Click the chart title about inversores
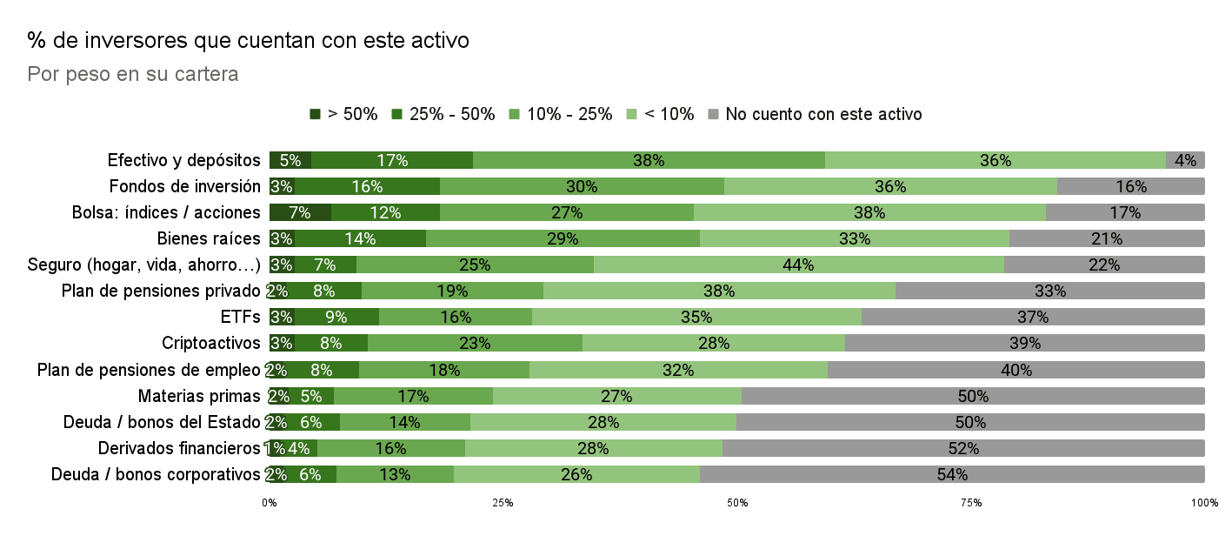(x=249, y=40)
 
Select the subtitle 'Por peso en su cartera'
(x=133, y=75)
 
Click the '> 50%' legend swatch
(x=316, y=114)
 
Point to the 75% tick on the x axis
(x=971, y=503)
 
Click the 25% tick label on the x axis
(x=503, y=503)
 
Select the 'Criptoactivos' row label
(x=211, y=343)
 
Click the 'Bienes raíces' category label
(x=209, y=238)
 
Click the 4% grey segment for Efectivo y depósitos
(x=1185, y=160)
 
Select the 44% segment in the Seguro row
(x=798, y=265)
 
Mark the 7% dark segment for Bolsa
(x=300, y=212)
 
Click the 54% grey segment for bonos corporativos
(x=952, y=474)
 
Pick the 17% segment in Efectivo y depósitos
(x=391, y=160)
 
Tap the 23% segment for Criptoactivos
(x=475, y=343)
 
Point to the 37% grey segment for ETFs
(x=1033, y=317)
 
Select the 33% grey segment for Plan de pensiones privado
(x=1049, y=291)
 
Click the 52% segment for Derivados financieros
(x=963, y=448)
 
